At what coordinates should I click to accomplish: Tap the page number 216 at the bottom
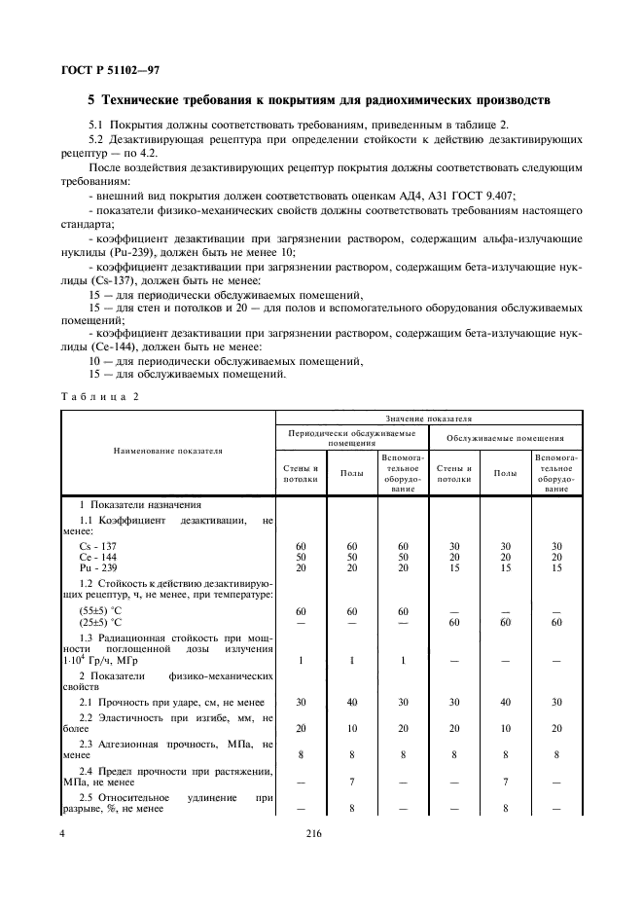coord(313,833)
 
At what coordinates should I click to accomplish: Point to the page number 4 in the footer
coord(64,833)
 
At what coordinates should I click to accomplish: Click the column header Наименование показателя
coord(166,451)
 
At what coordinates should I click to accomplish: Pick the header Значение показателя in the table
coord(428,418)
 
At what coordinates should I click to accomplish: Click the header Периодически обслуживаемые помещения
coord(350,437)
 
